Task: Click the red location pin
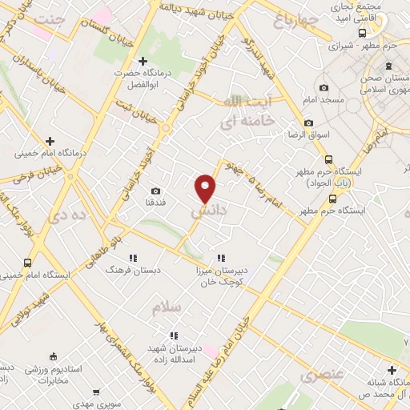coord(207,187)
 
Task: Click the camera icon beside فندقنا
coord(155,191)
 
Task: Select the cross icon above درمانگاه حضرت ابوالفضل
coord(143,61)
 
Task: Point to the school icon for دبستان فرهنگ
coord(133,258)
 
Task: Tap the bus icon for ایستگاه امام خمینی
coord(28,263)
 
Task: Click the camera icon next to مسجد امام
coord(324,88)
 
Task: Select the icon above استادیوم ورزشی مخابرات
coord(53,356)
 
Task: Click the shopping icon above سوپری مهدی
coord(97,392)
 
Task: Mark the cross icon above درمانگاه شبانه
coord(391,370)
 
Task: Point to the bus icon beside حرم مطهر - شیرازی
coord(363,33)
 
